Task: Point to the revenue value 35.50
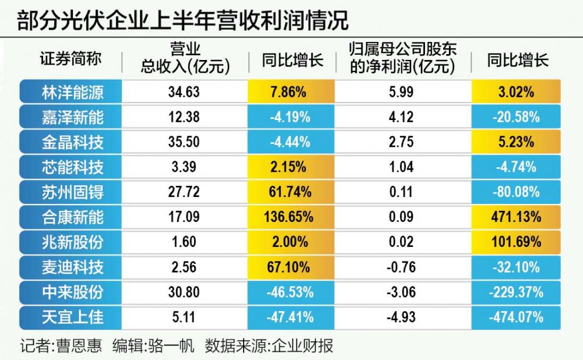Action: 184,142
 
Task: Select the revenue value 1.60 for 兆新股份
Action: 184,242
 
